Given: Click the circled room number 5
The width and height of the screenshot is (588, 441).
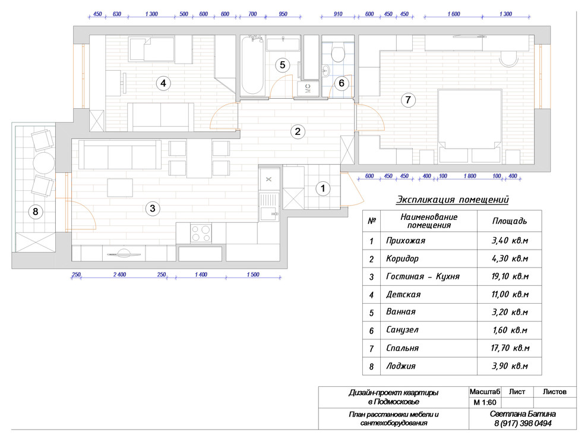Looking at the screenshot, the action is [x=282, y=65].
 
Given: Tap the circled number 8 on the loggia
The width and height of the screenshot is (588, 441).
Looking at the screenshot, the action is [x=36, y=212].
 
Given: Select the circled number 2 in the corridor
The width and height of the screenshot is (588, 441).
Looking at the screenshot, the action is [x=298, y=131].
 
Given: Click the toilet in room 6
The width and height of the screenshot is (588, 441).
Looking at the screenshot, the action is [x=339, y=53].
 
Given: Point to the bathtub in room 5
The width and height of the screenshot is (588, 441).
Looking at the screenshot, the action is [x=252, y=65].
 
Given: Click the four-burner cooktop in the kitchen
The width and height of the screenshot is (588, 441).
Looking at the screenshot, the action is [x=201, y=233].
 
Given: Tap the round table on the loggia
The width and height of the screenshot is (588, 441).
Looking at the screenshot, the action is [x=44, y=162].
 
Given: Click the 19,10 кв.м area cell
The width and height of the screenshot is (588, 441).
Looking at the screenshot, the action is [x=510, y=276].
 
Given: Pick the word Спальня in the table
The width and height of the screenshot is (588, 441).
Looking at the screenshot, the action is [x=402, y=348].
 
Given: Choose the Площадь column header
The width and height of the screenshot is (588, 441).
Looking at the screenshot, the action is [x=510, y=221].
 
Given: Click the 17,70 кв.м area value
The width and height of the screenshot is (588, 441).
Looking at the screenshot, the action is [x=510, y=348].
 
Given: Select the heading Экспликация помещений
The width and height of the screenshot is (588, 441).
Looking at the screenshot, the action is [x=453, y=200].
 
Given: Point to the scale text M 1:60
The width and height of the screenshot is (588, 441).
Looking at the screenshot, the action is [x=485, y=403].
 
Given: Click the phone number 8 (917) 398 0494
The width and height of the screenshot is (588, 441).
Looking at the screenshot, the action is [x=523, y=423].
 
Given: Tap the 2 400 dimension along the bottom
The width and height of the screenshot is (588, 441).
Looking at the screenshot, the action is [x=119, y=275].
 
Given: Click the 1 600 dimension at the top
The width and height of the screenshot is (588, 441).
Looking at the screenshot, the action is [x=454, y=14].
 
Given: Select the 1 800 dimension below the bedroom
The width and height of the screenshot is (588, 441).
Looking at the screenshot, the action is [x=470, y=176].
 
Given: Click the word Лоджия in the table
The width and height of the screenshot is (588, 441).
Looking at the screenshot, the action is [x=401, y=366].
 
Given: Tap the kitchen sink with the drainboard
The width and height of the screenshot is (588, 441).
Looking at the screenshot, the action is [x=269, y=206].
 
